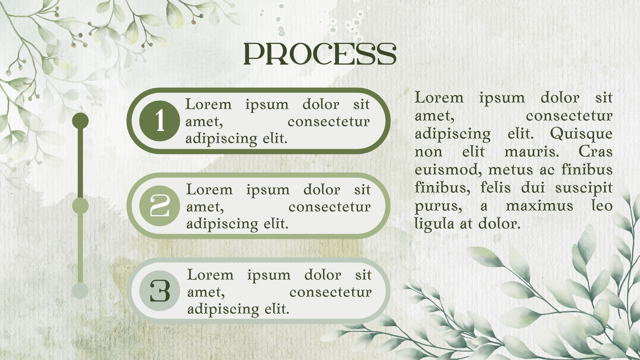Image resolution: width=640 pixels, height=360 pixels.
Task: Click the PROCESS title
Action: point(320,54)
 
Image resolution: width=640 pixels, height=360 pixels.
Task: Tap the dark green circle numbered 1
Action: point(160,121)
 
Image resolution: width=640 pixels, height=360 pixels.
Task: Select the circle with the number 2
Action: point(160,206)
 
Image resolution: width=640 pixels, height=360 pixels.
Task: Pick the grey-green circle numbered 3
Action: point(160,291)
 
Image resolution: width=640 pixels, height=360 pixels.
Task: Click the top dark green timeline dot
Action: point(80,121)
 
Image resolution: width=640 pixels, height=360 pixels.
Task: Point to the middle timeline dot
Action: point(80,206)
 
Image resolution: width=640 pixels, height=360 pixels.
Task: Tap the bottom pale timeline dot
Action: point(80,291)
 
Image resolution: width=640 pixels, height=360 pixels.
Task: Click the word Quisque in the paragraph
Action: point(581,134)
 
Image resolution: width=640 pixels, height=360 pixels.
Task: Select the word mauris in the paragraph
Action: point(532,152)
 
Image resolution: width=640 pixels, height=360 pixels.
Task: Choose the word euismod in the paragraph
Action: point(448,170)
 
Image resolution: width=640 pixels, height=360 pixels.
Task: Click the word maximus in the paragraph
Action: point(540,206)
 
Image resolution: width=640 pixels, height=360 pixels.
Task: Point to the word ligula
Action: point(434,224)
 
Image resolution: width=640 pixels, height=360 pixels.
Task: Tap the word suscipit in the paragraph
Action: point(584,188)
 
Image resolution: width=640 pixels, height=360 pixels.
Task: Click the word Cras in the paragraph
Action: point(596,152)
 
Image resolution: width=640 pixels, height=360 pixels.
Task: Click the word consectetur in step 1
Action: point(328,122)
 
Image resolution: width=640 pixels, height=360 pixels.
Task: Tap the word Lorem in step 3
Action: point(210,275)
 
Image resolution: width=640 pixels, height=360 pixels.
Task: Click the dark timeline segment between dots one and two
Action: point(80,163)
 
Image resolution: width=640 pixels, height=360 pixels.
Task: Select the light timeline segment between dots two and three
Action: point(80,248)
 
